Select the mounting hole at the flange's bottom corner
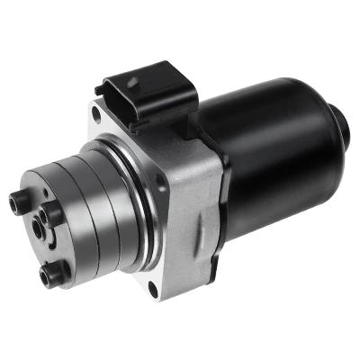[151, 288]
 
